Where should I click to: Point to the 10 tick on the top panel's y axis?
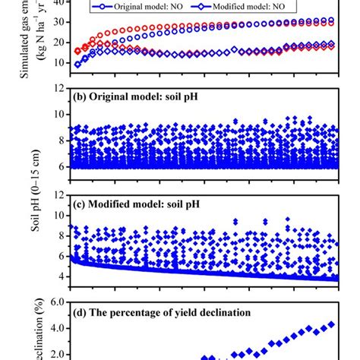[58, 64]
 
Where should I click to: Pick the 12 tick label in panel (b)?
[58, 89]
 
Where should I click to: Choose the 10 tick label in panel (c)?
[58, 216]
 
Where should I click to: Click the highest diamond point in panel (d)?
[330, 324]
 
